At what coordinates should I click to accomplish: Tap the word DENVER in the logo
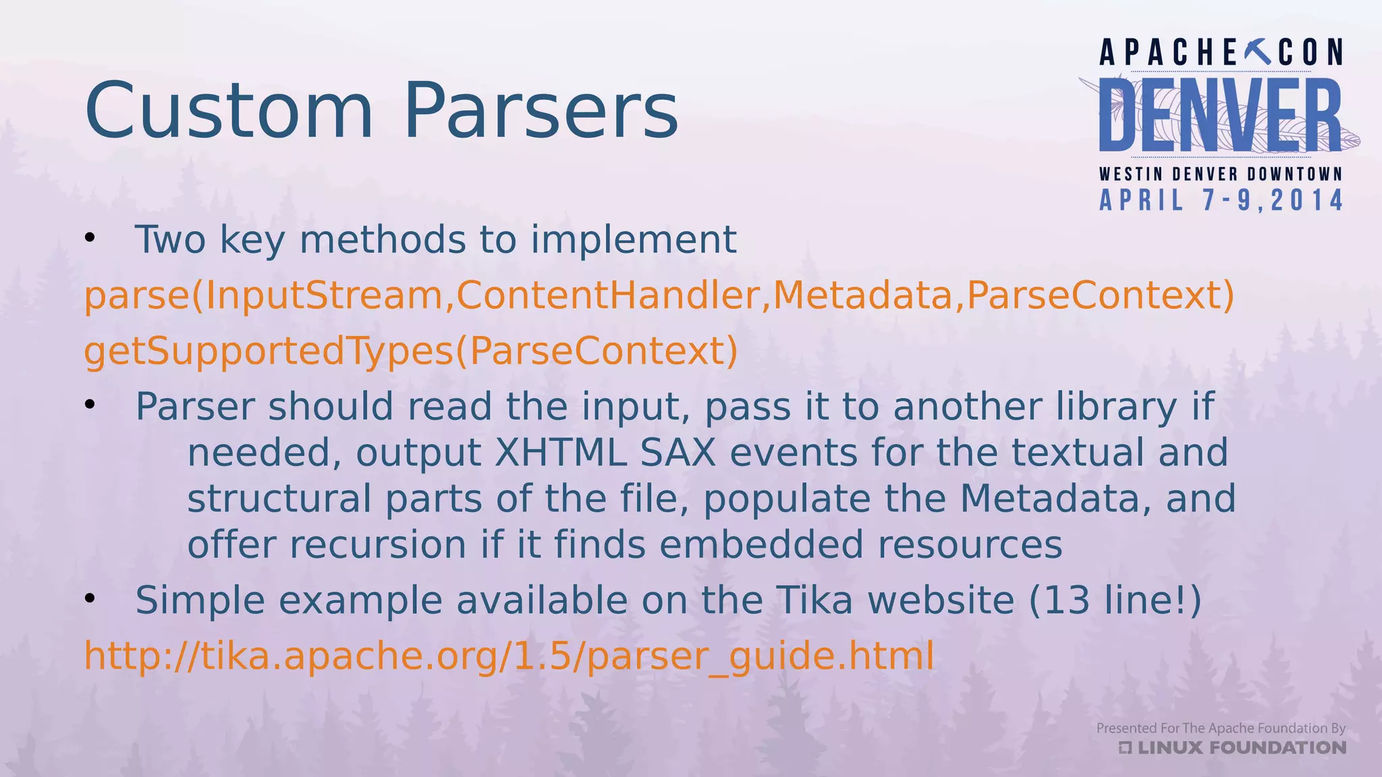(x=1220, y=115)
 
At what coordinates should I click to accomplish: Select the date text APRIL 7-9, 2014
(x=1221, y=200)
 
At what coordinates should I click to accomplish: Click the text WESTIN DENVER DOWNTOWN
(x=1221, y=174)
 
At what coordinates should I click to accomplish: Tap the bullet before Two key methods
(x=90, y=239)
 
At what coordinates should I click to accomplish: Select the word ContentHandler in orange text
(x=608, y=295)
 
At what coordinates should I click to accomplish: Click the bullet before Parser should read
(x=90, y=405)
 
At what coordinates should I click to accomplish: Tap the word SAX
(x=678, y=453)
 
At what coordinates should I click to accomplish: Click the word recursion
(x=378, y=544)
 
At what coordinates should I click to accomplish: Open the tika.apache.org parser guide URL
(x=509, y=656)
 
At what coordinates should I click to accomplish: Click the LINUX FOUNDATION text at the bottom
(x=1242, y=747)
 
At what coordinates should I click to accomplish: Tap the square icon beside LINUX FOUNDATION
(x=1126, y=747)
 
